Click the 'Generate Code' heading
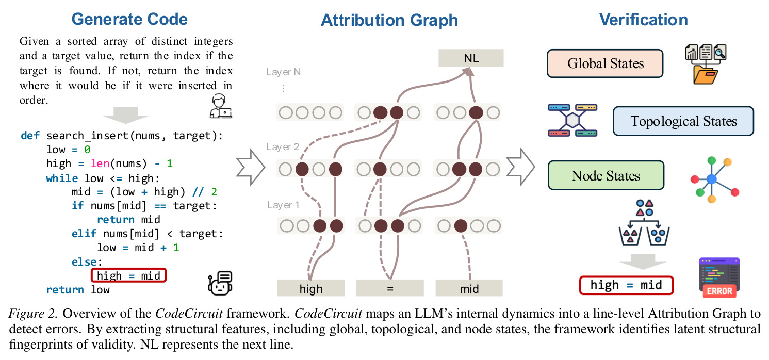[x=129, y=19]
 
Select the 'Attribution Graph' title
[x=389, y=20]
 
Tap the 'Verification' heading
[x=643, y=20]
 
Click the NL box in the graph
[x=471, y=58]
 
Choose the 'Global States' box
[x=605, y=63]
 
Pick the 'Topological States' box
[x=683, y=121]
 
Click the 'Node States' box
[x=606, y=175]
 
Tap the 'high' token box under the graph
[x=310, y=288]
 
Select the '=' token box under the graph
[x=389, y=288]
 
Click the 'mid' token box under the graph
[x=469, y=288]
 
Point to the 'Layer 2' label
[x=283, y=147]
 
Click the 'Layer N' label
[x=283, y=72]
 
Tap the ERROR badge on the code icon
[x=719, y=291]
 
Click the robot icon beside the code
[x=220, y=283]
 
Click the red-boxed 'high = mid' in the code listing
[x=129, y=275]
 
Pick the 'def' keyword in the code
[x=30, y=136]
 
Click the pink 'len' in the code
[x=100, y=163]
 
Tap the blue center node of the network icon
[x=712, y=179]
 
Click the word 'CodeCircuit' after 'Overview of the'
[x=189, y=314]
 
